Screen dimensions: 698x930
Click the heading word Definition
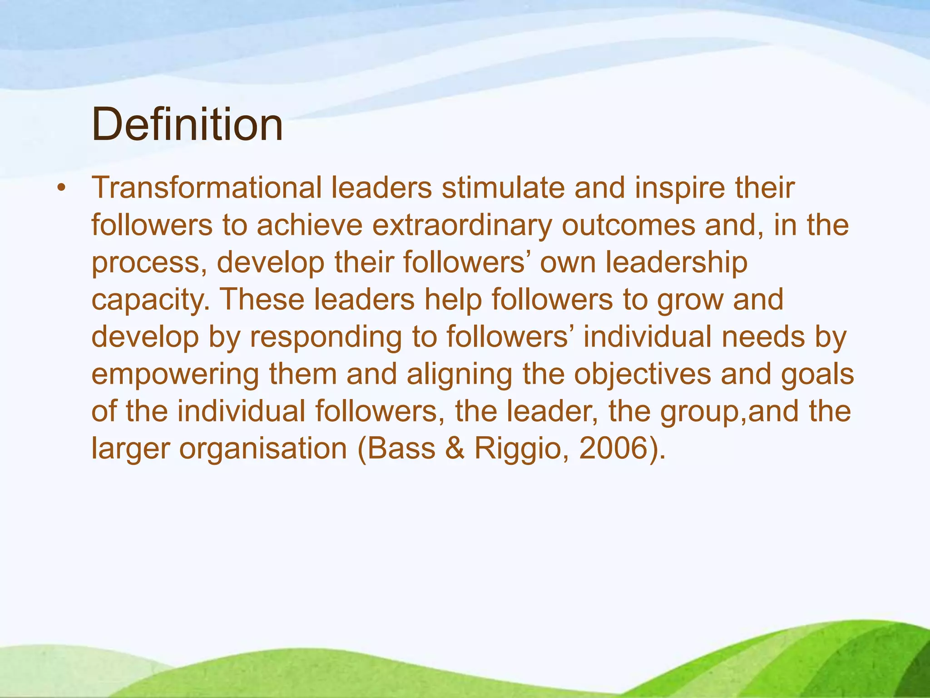[187, 124]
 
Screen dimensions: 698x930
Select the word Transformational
[207, 188]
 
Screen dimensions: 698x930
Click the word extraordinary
[462, 226]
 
